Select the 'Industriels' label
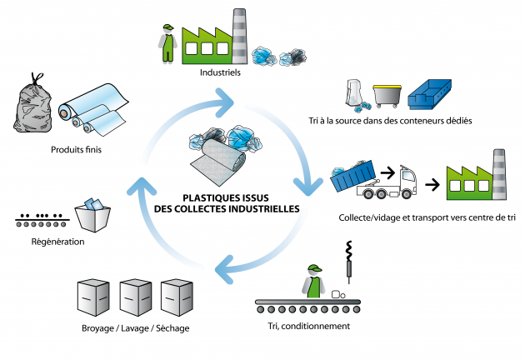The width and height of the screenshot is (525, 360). (x=220, y=72)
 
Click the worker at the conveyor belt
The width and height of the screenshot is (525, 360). (x=313, y=280)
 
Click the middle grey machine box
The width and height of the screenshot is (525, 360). (x=134, y=295)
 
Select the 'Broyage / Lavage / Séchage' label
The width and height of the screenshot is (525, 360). (x=136, y=327)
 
